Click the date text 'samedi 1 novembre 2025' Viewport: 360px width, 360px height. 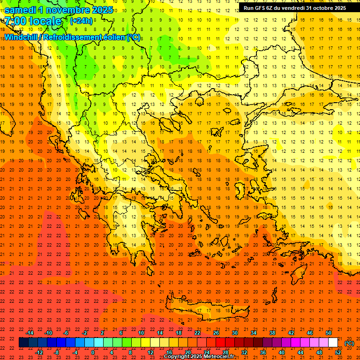coord(59,10)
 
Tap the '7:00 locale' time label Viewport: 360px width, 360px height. coord(33,21)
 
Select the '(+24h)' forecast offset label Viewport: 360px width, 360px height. coord(81,21)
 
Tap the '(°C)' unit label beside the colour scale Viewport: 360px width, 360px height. coord(349,343)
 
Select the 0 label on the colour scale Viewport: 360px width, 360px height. coord(93,352)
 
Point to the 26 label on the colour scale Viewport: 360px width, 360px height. coord(216,333)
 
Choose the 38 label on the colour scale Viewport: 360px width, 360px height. coord(272,333)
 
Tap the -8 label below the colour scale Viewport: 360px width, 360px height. coord(57,352)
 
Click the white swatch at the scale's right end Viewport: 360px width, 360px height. coord(333,343)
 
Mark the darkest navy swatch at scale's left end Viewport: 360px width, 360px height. coord(23,343)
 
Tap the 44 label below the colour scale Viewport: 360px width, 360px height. coord(300,352)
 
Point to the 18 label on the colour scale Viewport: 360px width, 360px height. coord(179,333)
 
